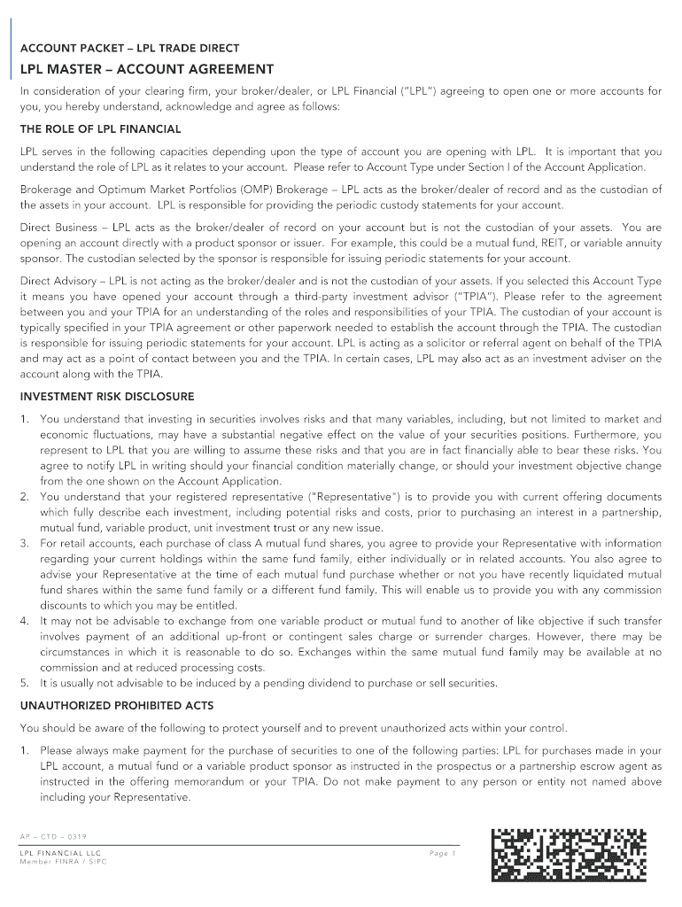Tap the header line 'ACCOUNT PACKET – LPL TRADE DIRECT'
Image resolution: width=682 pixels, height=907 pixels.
pos(129,48)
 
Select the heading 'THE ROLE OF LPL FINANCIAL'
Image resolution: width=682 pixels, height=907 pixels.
pos(100,129)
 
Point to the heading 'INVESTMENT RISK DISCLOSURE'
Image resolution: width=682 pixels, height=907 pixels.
pos(107,397)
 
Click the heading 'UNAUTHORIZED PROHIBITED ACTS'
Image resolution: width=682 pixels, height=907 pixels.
pos(116,706)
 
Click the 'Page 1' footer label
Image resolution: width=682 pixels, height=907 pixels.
pos(442,853)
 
